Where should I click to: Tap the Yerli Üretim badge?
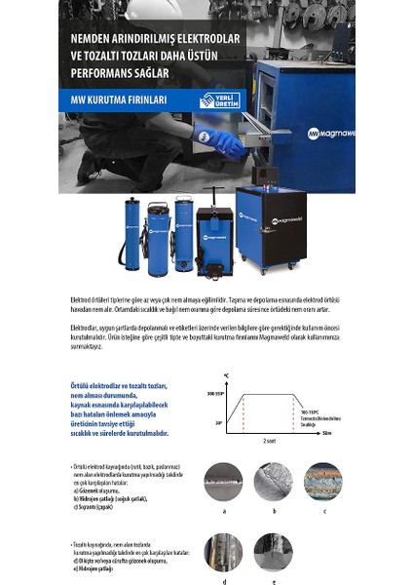(x=219, y=100)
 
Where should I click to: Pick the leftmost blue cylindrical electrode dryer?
(x=129, y=235)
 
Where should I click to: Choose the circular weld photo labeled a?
(x=225, y=482)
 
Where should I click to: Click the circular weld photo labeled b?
(x=275, y=482)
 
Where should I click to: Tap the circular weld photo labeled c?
(x=323, y=482)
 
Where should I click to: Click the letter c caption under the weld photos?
(x=323, y=510)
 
